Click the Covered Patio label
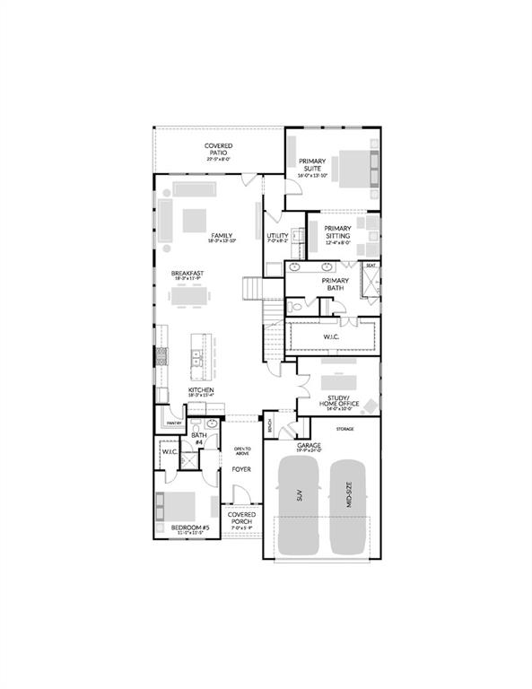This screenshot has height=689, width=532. (x=218, y=149)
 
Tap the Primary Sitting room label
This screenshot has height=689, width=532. (x=337, y=232)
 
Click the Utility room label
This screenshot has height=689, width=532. (x=276, y=236)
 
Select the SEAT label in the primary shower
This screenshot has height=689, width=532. (x=370, y=266)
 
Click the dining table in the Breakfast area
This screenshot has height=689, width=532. (x=195, y=295)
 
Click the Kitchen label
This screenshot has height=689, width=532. (x=200, y=390)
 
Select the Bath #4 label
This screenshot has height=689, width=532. (x=198, y=438)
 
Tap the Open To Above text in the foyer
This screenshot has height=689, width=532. (x=241, y=450)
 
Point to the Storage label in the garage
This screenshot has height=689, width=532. (x=344, y=429)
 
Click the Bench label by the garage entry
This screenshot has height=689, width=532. (x=267, y=424)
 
